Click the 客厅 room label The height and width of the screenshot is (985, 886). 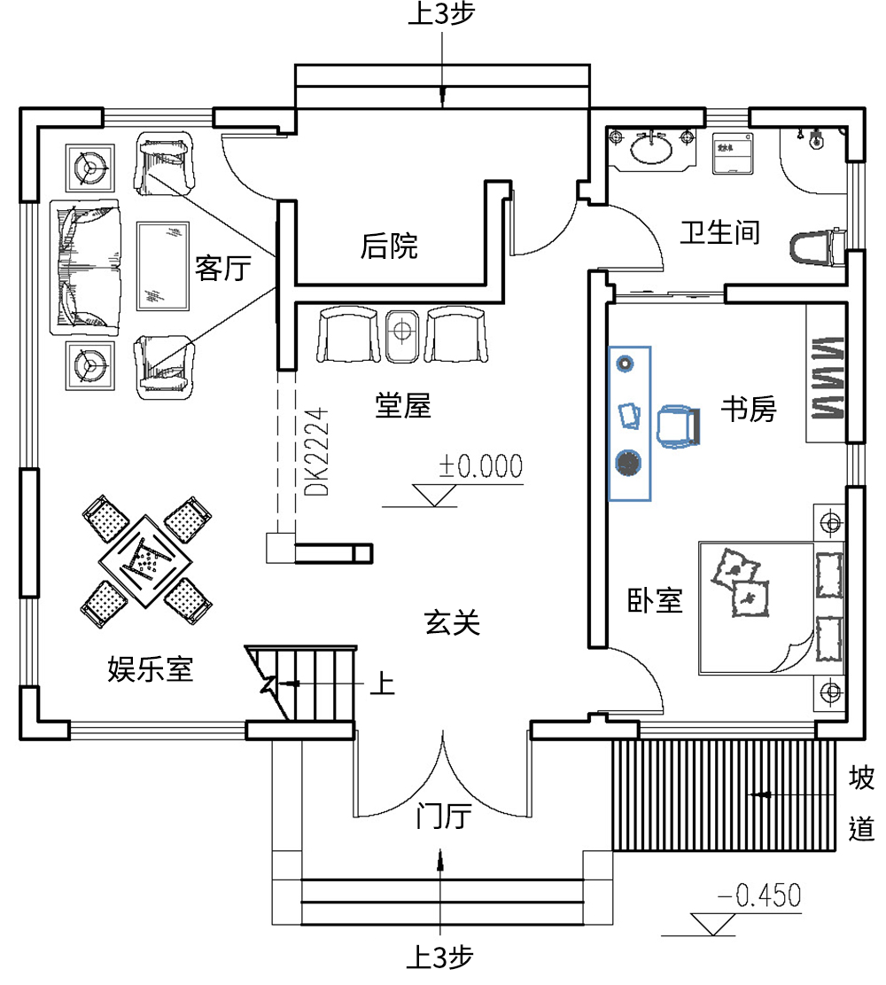pos(224,268)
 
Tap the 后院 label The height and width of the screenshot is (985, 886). pos(388,246)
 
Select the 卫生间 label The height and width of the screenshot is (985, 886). pos(719,232)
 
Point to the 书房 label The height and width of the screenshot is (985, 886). pos(748,410)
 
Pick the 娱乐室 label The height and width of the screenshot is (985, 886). pos(150,668)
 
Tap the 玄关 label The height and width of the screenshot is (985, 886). pos(452,623)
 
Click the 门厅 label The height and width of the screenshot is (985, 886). pos(440,816)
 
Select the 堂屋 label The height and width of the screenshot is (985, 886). pos(402,406)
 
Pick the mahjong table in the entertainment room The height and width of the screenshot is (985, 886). pos(146,560)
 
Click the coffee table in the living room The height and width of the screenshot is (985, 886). pos(163,266)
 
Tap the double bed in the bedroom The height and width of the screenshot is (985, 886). pos(766,607)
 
